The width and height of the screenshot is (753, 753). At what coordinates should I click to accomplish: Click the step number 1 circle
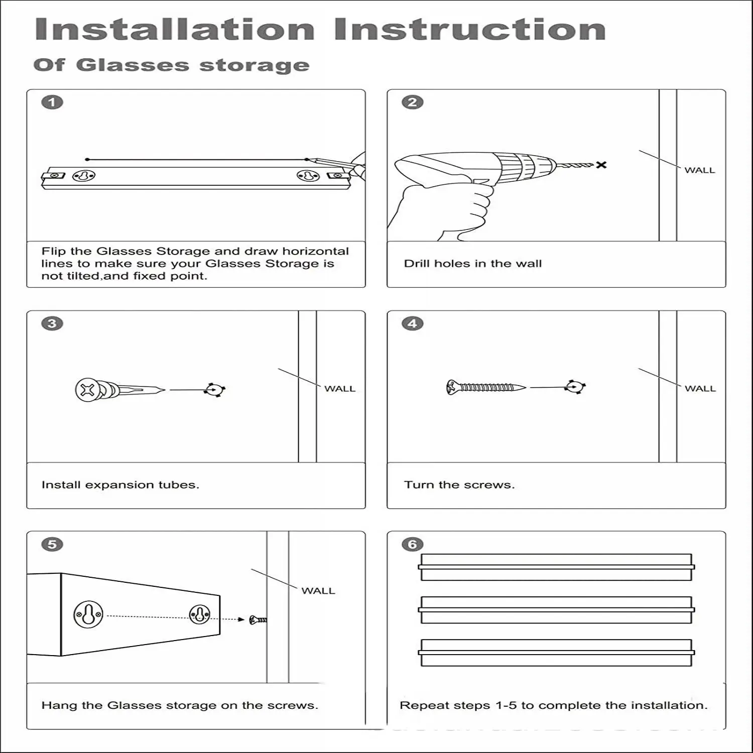coord(52,102)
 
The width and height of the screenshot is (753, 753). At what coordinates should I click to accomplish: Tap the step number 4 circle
coord(413,323)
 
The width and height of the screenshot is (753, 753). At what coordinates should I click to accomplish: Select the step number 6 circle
coord(413,544)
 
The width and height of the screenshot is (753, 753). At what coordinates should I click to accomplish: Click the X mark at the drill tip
coord(601,165)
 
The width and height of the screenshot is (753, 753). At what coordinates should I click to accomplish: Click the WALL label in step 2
coord(700,170)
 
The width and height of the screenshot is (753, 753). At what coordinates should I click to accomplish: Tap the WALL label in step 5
coord(318,591)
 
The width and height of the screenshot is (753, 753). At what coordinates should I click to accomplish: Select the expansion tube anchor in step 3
coord(118,390)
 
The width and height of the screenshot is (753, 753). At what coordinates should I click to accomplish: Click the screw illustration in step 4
coord(485,387)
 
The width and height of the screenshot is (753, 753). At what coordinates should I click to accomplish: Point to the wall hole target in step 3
coord(215,390)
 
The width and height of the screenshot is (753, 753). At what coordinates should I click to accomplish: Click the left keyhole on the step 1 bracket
coord(84,177)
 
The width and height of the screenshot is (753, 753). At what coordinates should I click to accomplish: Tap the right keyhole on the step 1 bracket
coord(307,176)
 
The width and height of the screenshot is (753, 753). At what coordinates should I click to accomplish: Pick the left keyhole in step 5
coord(88,614)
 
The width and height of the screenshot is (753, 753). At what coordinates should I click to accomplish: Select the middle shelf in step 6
coord(556,609)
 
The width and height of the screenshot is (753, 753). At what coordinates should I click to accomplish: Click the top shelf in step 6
coord(556,567)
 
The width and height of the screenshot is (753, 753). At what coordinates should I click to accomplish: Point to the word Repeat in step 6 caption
coord(420,705)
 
